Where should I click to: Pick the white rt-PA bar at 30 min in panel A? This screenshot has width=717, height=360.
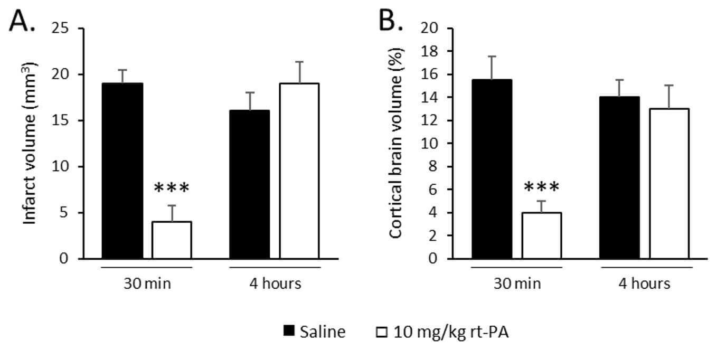click(x=172, y=240)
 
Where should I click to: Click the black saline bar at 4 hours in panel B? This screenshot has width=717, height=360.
click(x=619, y=178)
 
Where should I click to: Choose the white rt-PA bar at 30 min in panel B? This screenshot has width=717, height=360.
click(x=541, y=235)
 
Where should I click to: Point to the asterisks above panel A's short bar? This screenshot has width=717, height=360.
click(x=171, y=188)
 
